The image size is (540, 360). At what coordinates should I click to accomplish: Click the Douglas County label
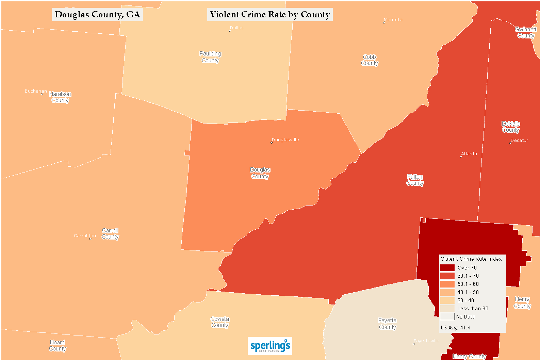point(260,173)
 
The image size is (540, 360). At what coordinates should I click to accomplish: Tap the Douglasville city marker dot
point(271,143)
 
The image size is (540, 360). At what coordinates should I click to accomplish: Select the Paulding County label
point(210,57)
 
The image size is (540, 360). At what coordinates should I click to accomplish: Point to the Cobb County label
point(370,60)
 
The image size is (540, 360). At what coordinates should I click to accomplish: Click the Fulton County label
point(415,180)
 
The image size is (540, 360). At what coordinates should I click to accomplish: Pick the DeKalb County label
point(511,127)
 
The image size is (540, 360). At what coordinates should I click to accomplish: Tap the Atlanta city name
point(469,153)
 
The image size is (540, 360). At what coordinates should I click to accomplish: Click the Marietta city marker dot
point(384,22)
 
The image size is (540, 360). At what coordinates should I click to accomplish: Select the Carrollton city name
point(85,235)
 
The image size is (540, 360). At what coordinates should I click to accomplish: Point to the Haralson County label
point(60,97)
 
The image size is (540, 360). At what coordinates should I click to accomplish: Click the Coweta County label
point(220,322)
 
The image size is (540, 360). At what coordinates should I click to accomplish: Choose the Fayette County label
point(387,324)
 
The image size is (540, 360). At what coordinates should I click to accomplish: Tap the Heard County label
point(58,345)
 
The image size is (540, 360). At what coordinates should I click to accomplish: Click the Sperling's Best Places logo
point(270,346)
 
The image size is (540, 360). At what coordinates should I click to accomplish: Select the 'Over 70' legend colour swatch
point(447,268)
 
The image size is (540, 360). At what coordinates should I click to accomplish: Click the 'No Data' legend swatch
point(447,316)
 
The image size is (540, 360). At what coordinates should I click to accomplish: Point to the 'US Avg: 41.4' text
point(456,327)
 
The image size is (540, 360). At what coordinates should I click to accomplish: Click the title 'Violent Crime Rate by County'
point(270,15)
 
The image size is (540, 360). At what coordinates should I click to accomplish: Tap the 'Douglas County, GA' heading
point(97,15)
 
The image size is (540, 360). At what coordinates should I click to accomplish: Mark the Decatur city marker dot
point(510,143)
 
